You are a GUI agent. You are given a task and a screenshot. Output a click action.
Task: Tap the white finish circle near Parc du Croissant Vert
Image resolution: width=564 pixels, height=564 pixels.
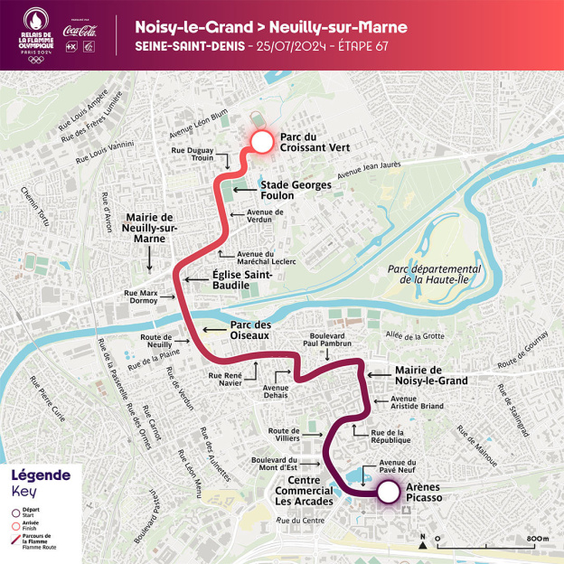[x=261, y=142]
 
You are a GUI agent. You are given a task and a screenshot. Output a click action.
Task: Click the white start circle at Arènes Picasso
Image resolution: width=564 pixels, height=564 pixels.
[x=388, y=493]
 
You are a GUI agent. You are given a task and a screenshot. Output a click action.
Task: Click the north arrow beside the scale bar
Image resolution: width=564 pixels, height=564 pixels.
[x=423, y=541]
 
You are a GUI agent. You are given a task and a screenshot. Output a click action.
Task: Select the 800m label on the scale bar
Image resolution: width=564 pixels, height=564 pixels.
[x=536, y=539]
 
